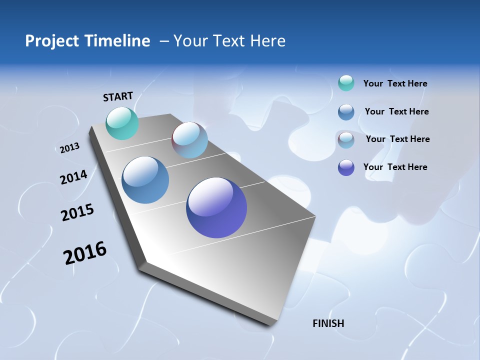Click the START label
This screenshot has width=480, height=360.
pyautogui.click(x=118, y=96)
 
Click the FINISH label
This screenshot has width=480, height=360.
pyautogui.click(x=328, y=323)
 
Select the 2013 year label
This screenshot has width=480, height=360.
pyautogui.click(x=69, y=148)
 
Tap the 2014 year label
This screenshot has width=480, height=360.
pyautogui.click(x=73, y=177)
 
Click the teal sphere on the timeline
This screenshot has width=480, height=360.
pyautogui.click(x=122, y=123)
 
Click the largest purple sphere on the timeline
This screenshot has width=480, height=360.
pyautogui.click(x=216, y=207)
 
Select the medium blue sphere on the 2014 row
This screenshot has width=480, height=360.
pyautogui.click(x=145, y=180)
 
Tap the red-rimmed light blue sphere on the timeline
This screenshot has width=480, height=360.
pyautogui.click(x=190, y=140)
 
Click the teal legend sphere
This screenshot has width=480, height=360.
pyautogui.click(x=346, y=83)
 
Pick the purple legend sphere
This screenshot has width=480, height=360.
pyautogui.click(x=346, y=167)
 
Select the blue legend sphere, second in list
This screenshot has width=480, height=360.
pyautogui.click(x=346, y=112)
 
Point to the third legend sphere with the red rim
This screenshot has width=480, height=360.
pyautogui.click(x=346, y=140)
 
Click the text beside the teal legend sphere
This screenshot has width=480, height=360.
pyautogui.click(x=395, y=84)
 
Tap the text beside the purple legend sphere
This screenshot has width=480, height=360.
pyautogui.click(x=395, y=167)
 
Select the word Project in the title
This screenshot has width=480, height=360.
pyautogui.click(x=51, y=41)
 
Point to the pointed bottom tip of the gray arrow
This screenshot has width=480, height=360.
pyautogui.click(x=272, y=325)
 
